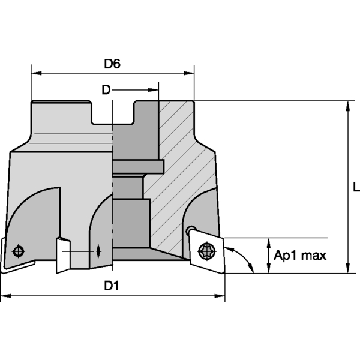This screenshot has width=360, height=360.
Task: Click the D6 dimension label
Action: tap(112, 64)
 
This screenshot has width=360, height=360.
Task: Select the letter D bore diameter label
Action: tap(106, 90)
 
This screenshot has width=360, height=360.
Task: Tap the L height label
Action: tap(356, 187)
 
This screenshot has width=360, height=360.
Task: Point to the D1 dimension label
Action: tap(112, 286)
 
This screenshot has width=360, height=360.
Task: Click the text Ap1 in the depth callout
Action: tap(286, 256)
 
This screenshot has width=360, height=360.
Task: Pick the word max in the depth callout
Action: tap(313, 256)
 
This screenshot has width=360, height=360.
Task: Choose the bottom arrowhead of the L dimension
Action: tap(348, 268)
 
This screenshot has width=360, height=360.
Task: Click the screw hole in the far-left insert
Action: tap(19, 250)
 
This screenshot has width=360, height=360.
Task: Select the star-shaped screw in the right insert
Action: tap(205, 251)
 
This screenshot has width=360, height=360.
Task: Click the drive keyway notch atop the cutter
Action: tap(112, 113)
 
